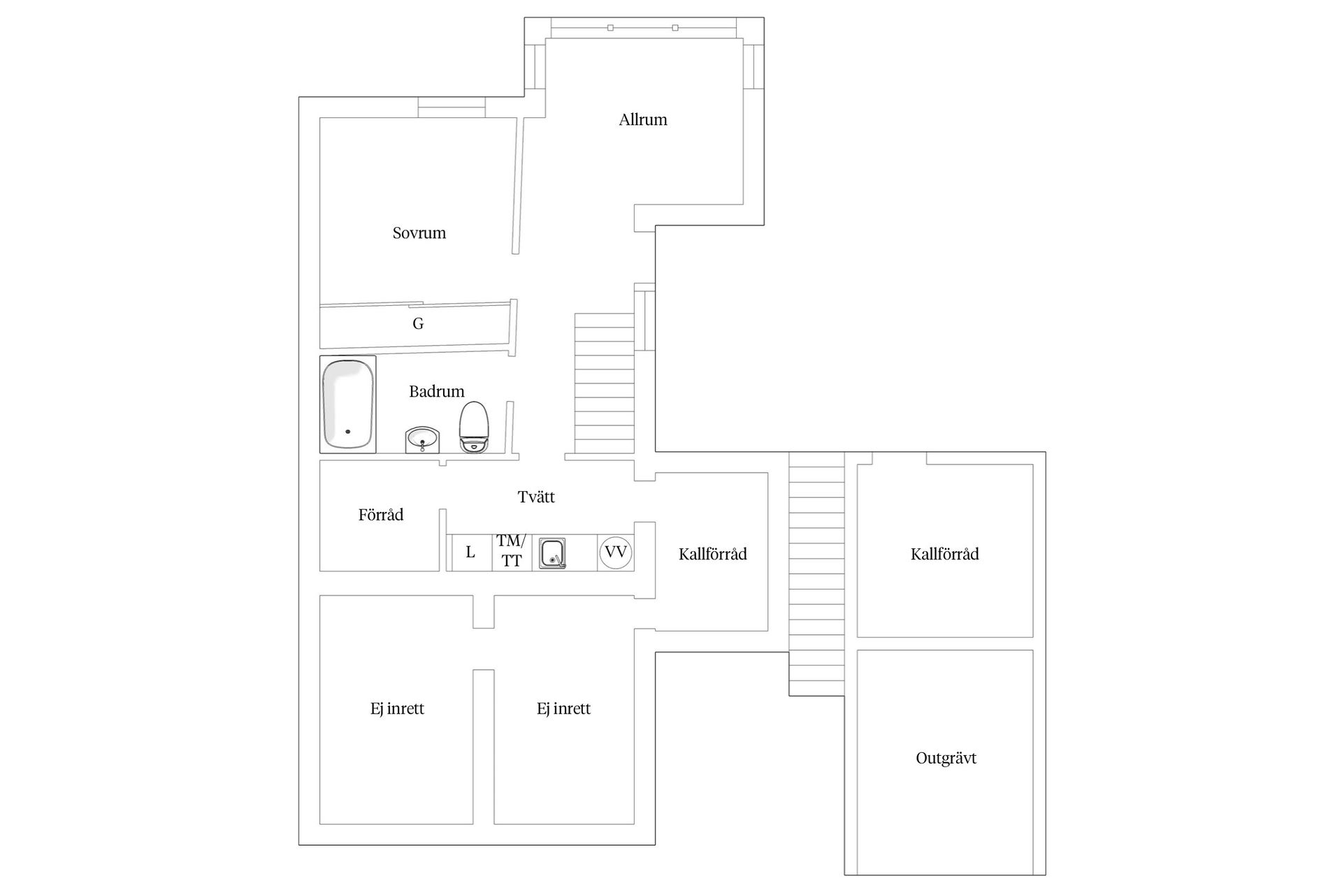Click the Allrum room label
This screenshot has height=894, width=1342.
coord(642,120)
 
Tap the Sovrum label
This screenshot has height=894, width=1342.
coord(419,233)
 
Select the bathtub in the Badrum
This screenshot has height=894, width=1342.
coord(347,404)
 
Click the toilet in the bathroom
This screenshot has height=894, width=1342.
coord(473,427)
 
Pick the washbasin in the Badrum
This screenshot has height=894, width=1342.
coord(422,440)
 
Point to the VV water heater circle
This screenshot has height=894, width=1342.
coord(615,552)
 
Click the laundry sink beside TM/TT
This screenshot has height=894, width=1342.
coord(552,553)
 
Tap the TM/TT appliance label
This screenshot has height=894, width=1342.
coord(511,550)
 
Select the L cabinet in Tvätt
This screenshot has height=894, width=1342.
coord(470,552)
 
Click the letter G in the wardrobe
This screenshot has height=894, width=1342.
coord(418,323)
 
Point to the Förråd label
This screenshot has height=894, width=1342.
coord(381,515)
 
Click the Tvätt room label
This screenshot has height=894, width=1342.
coord(536,497)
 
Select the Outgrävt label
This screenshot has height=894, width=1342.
coord(946,759)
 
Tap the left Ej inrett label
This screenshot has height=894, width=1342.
coord(397,709)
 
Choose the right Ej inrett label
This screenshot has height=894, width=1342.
coord(563,709)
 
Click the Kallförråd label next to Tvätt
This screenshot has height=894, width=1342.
coord(712,555)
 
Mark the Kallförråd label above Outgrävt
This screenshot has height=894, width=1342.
coord(944,555)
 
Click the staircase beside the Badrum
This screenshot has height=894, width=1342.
coord(604,384)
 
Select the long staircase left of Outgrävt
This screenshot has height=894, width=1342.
coord(816,573)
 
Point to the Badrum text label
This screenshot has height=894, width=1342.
coord(436,392)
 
